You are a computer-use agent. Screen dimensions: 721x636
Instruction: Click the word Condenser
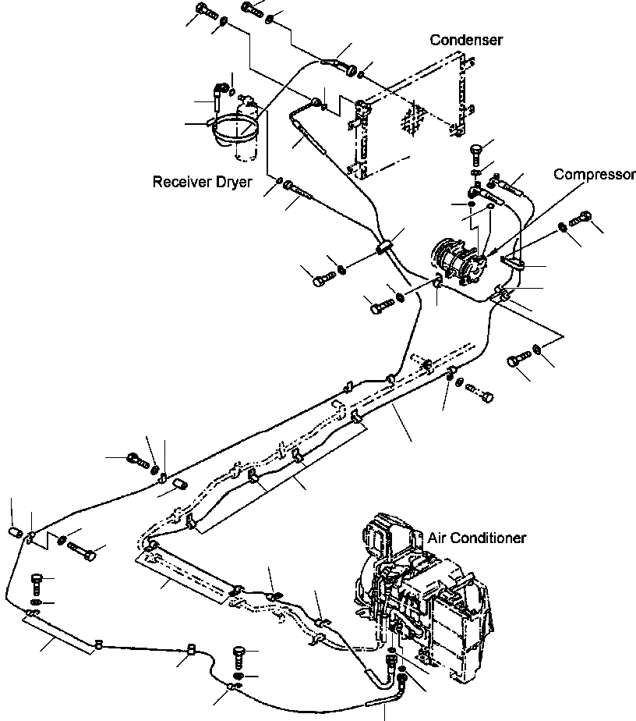467,40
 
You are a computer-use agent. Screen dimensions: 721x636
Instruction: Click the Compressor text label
594,174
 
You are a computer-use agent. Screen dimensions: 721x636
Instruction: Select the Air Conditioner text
476,538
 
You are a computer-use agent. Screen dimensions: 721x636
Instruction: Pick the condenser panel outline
413,117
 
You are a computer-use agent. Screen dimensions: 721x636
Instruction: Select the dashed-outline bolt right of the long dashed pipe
484,394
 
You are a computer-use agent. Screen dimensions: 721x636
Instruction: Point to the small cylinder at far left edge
14,533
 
